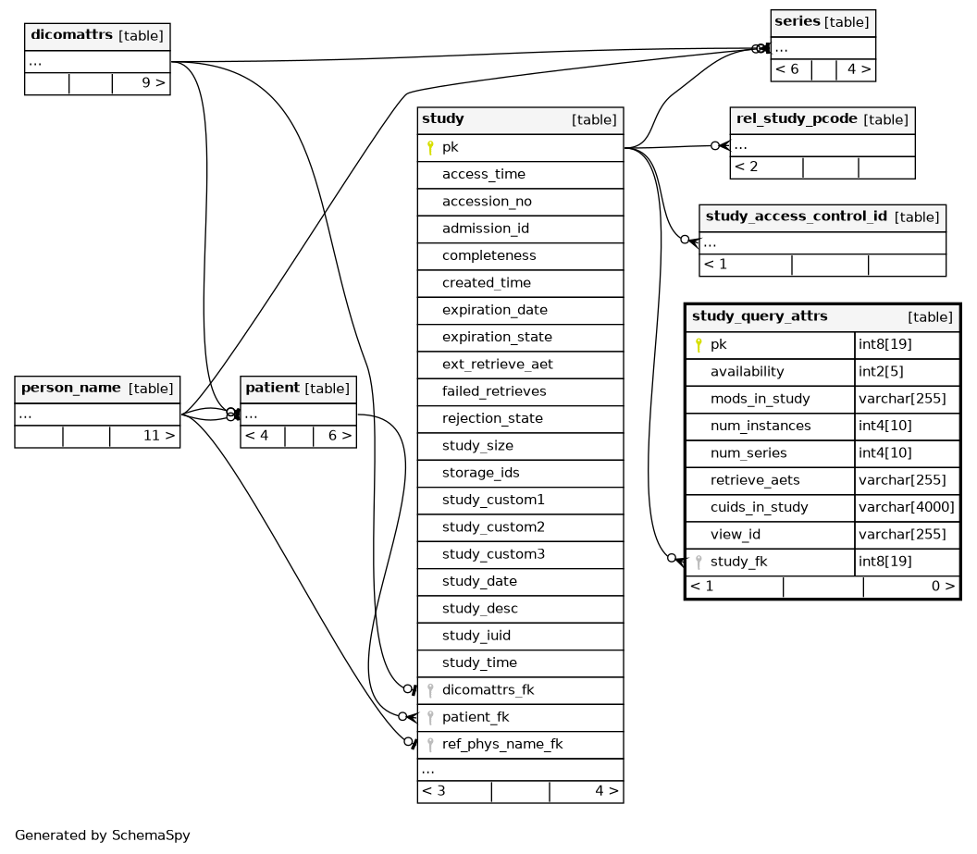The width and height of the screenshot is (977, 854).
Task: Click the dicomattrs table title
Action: click(71, 35)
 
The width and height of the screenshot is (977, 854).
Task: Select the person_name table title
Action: click(71, 388)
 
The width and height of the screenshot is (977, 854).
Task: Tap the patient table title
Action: click(272, 388)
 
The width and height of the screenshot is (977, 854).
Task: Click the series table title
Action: click(797, 21)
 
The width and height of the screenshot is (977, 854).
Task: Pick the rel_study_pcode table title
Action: click(797, 118)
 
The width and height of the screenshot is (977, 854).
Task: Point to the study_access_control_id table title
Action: click(797, 217)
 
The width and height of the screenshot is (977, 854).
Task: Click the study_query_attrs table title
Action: click(760, 316)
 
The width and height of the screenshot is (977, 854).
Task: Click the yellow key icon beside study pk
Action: click(430, 148)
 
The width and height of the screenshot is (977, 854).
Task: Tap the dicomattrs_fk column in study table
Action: click(488, 690)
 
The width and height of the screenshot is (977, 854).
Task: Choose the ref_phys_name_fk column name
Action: click(502, 745)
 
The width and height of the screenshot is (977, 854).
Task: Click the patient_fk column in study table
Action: click(476, 718)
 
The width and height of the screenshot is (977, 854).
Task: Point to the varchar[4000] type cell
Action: click(906, 508)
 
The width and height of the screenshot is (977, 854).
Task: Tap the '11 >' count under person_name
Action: click(159, 436)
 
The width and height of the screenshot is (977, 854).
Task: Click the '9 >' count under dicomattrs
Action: click(154, 83)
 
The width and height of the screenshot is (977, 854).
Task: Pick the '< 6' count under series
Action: click(787, 69)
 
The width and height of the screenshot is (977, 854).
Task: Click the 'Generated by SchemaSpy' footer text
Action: click(102, 835)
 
